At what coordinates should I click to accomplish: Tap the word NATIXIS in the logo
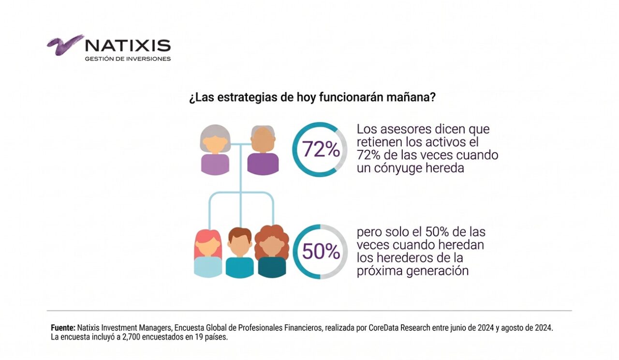pyautogui.click(x=128, y=46)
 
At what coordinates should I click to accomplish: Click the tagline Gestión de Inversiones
pyautogui.click(x=128, y=59)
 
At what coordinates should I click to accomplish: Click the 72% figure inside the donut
pyautogui.click(x=320, y=150)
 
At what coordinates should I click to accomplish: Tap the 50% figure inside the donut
pyautogui.click(x=320, y=252)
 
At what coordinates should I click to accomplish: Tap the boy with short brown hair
pyautogui.click(x=239, y=253)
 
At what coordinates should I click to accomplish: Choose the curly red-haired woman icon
pyautogui.click(x=272, y=252)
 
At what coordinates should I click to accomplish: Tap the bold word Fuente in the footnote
pyautogui.click(x=63, y=328)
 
